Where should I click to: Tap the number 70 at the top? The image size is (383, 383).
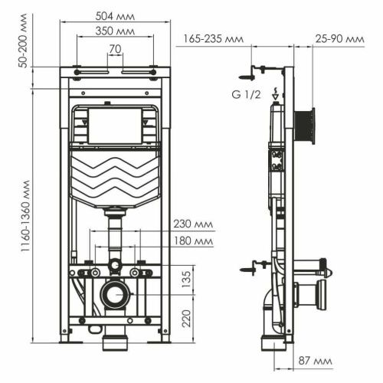coord(115,50)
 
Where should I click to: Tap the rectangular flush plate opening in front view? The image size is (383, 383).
coord(115,126)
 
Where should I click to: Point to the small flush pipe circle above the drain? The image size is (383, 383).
coord(115,266)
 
